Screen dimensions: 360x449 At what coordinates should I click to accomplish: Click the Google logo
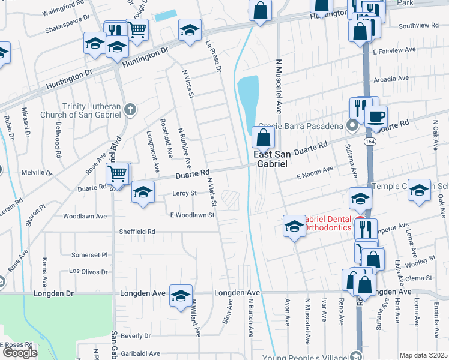tap(19, 353)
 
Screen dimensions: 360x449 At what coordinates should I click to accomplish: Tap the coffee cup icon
tap(376, 116)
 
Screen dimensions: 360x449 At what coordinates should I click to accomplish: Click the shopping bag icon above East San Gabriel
tap(264, 137)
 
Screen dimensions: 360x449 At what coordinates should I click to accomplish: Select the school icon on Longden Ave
tap(181, 295)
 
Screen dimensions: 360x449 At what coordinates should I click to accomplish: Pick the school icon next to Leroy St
tap(143, 192)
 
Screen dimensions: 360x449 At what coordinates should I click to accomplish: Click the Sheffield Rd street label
tap(138, 232)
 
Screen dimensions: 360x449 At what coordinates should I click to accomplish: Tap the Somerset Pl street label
tap(89, 254)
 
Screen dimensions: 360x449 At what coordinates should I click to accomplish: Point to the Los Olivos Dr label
tap(88, 271)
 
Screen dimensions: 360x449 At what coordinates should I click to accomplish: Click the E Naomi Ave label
tap(315, 173)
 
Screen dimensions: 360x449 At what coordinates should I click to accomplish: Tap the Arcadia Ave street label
tap(391, 79)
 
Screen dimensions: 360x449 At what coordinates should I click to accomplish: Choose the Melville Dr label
tap(37, 173)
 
